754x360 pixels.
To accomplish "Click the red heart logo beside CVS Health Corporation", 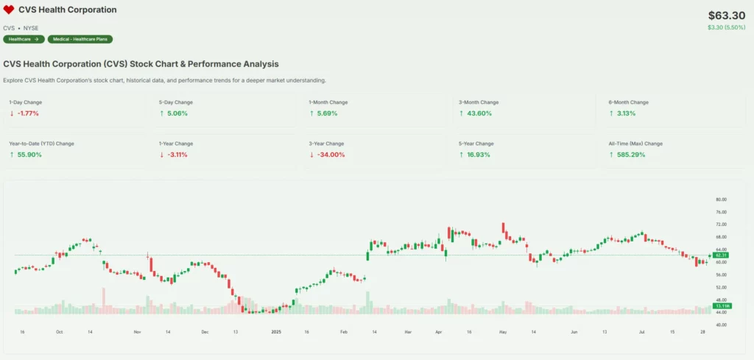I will (x=9, y=10).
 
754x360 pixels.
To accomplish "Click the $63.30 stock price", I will (x=727, y=15).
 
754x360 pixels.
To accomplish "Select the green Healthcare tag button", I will (x=24, y=39).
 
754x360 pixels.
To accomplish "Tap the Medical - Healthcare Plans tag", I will (x=80, y=39).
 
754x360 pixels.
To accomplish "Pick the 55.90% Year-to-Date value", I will (x=29, y=155).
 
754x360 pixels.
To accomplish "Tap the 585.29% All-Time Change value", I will (x=628, y=155).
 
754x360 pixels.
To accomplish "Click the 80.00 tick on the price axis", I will (x=721, y=200).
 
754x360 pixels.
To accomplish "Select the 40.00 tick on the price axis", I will (x=721, y=325).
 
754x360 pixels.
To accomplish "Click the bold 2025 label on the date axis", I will (x=276, y=333).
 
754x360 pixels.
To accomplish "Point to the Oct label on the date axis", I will (x=59, y=333).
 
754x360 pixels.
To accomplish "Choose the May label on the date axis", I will (x=503, y=333).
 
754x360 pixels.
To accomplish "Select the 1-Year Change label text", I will (x=176, y=144).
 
